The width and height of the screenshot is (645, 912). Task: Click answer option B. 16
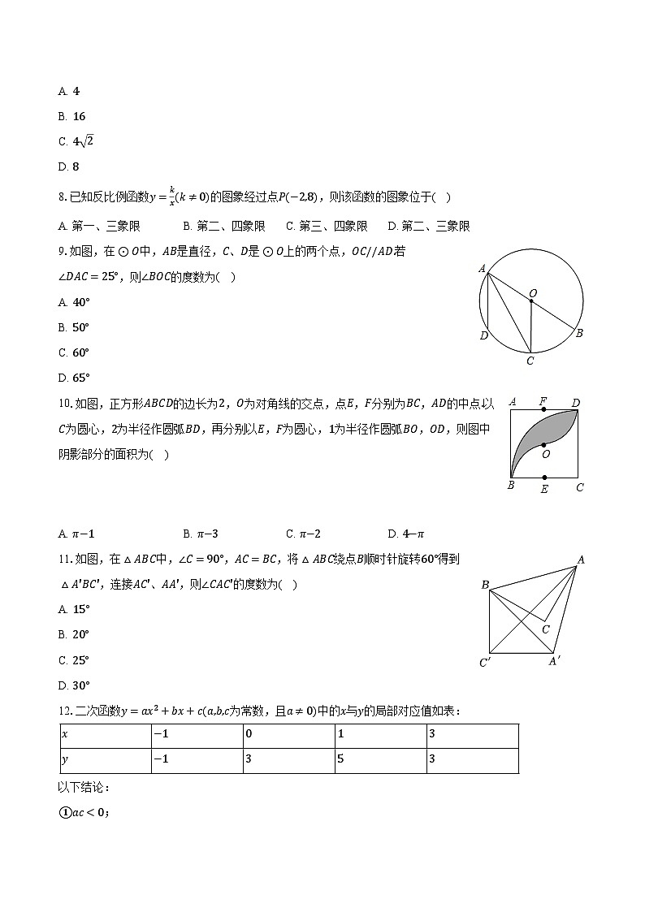click(72, 116)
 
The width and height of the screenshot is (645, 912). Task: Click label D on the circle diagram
click(483, 336)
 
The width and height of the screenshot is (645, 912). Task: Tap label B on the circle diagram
click(579, 333)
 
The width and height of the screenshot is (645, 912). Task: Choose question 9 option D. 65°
click(74, 378)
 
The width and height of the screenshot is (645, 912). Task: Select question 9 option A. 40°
click(74, 302)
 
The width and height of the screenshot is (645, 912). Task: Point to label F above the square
click(543, 401)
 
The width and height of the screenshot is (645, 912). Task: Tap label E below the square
click(544, 489)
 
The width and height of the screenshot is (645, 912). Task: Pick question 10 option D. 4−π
click(406, 534)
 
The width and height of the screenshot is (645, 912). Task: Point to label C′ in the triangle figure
click(485, 663)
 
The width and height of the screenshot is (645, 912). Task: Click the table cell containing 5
click(380, 761)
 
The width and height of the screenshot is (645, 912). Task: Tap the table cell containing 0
click(288, 736)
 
